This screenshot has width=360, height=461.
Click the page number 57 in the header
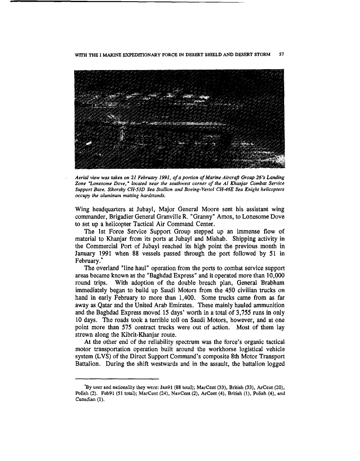tap(281, 55)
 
